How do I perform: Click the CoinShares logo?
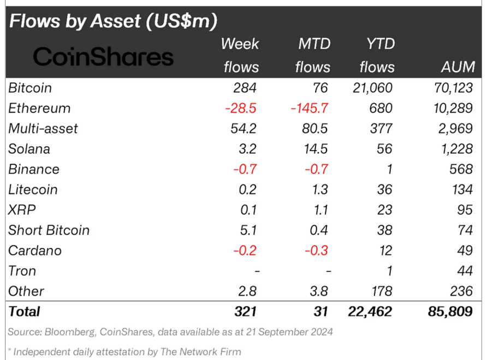pyautogui.click(x=103, y=57)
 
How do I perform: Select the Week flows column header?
pyautogui.click(x=240, y=55)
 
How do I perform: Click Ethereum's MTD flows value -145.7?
pyautogui.click(x=309, y=108)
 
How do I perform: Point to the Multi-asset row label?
pyautogui.click(x=43, y=129)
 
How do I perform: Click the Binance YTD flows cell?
pyautogui.click(x=388, y=169)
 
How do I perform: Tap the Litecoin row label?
pyautogui.click(x=33, y=190)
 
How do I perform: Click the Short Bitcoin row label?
pyautogui.click(x=49, y=230)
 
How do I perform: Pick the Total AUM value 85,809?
pyautogui.click(x=450, y=311)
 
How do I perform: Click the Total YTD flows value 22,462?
pyautogui.click(x=370, y=311)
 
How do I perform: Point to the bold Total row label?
pyautogui.click(x=25, y=311)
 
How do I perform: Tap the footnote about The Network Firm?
pyautogui.click(x=124, y=352)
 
